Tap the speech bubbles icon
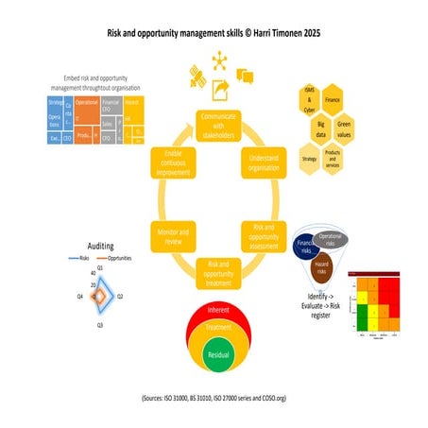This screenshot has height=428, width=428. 246,74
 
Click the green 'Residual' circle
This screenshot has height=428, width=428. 218,355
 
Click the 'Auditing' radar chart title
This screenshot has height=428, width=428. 99,244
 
